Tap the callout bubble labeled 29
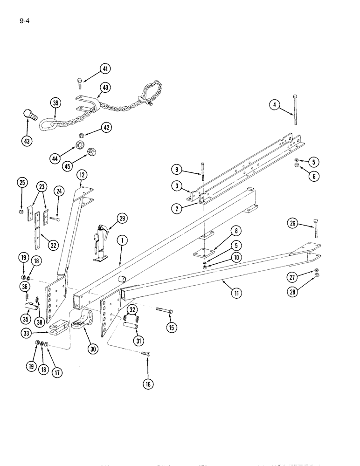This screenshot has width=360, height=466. tap(122, 219)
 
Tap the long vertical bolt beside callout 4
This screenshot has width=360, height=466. tap(295, 110)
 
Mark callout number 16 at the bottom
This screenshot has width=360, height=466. tap(148, 384)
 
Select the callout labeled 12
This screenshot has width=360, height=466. tap(83, 175)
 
